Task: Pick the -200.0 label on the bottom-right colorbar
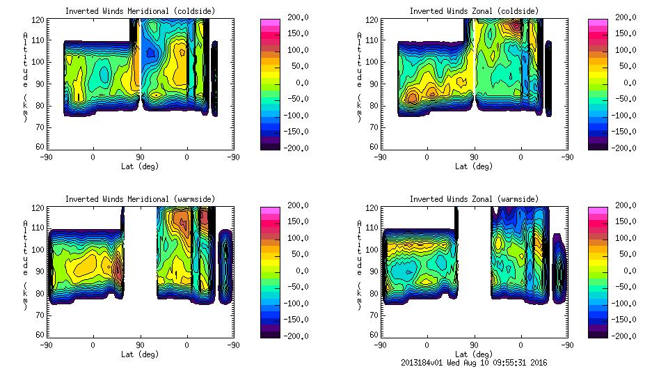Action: [628, 336]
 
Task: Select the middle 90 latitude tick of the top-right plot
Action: [475, 157]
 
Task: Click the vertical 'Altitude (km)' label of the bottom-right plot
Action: [359, 265]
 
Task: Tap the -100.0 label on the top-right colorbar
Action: [628, 116]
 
